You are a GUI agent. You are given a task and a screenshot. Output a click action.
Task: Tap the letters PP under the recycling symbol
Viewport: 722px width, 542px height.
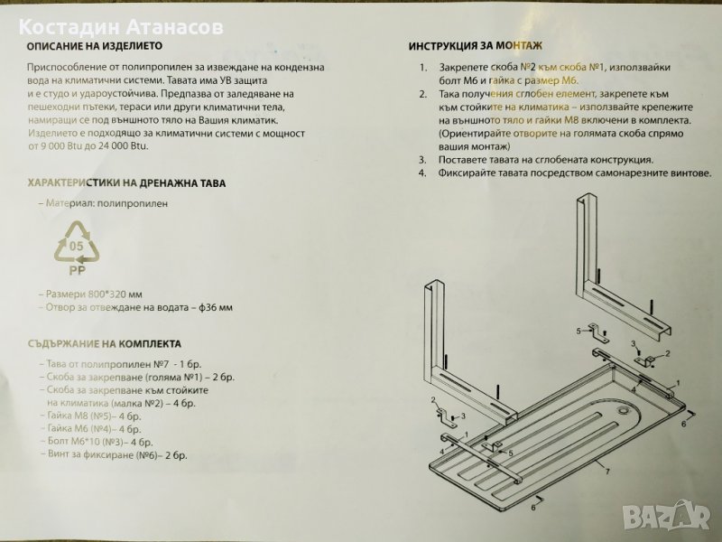coord(77,270)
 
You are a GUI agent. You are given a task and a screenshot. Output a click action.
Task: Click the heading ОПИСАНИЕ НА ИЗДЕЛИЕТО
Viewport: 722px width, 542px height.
coord(95,46)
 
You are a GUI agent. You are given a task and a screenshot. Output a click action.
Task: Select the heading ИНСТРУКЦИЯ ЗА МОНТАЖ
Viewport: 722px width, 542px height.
coord(476,46)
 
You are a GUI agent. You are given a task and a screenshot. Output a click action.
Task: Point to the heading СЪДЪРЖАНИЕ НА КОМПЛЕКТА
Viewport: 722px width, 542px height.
coord(105,344)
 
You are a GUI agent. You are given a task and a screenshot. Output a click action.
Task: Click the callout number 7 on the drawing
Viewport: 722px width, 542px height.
coord(607,472)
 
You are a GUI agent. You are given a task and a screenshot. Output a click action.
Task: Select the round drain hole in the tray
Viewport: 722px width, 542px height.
coord(624,410)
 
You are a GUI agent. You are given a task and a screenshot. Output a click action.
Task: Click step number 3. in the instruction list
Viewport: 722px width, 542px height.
coord(422,161)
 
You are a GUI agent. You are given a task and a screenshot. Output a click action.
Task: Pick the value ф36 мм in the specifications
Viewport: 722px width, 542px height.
coord(216,307)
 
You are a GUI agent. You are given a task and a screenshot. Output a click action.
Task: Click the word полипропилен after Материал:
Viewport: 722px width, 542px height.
coord(133,204)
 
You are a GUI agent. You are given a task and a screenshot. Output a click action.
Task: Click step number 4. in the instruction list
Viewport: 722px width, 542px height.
coord(422,173)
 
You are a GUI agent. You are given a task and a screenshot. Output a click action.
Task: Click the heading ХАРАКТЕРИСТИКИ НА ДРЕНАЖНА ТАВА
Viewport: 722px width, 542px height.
coord(126,183)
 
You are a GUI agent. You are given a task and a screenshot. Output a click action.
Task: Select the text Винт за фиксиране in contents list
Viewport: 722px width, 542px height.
coord(91,455)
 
